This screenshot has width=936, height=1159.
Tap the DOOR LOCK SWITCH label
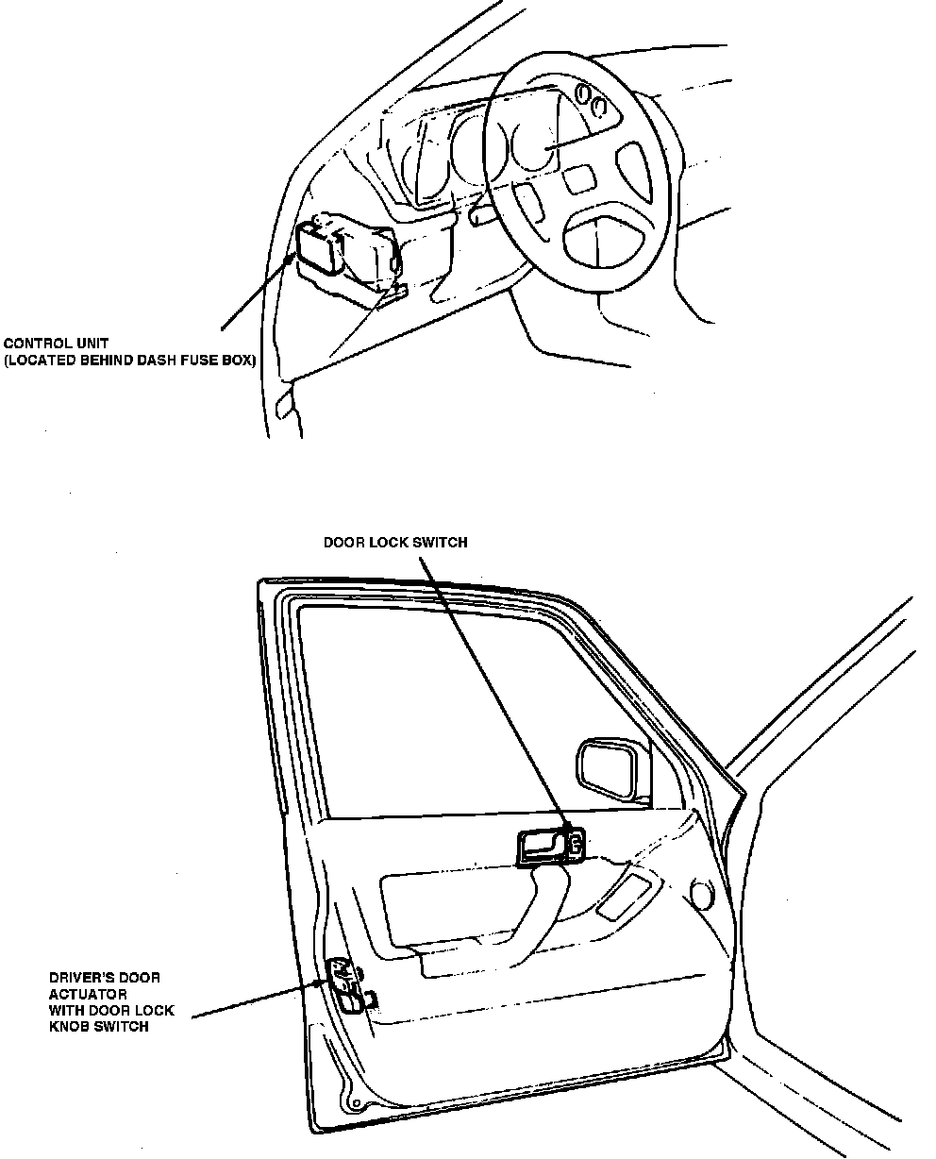click(x=394, y=543)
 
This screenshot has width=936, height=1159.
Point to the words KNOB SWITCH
click(x=98, y=1026)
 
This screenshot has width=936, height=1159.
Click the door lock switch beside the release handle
click(x=574, y=844)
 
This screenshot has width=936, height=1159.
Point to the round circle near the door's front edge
click(x=700, y=892)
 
